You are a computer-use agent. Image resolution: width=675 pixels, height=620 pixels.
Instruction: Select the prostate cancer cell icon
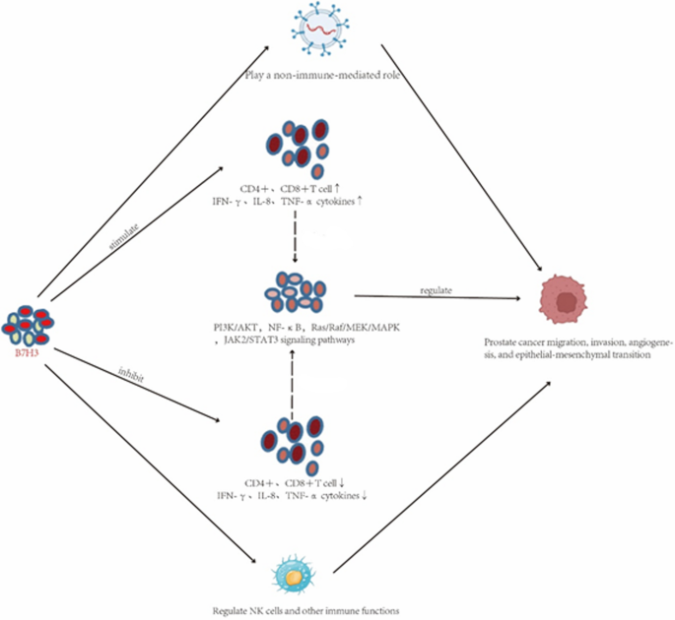565,301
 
